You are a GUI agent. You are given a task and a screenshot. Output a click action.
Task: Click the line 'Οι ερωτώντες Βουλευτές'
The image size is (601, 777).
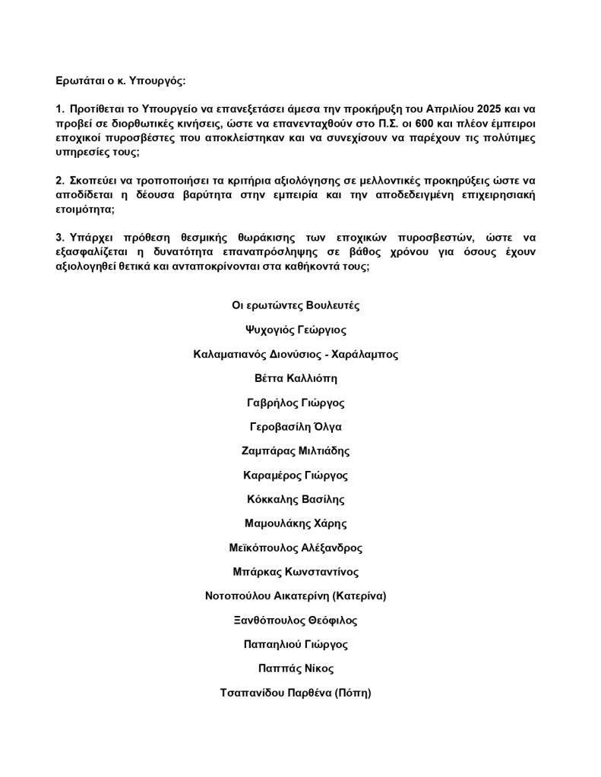click(x=296, y=305)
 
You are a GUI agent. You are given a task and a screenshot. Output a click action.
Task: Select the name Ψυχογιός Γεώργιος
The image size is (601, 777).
click(x=296, y=330)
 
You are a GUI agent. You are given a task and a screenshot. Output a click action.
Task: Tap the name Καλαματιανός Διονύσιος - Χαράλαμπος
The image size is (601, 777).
click(x=296, y=354)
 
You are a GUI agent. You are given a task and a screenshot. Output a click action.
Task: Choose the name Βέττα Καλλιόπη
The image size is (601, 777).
click(x=296, y=378)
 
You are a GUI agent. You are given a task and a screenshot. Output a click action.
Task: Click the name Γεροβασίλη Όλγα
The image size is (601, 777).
click(x=296, y=427)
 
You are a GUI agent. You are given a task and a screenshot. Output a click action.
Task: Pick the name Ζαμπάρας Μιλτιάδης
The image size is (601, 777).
click(x=296, y=451)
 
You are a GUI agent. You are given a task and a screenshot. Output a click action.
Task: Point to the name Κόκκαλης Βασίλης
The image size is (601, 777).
click(x=296, y=500)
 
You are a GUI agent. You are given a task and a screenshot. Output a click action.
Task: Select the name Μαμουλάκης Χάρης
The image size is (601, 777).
click(x=296, y=524)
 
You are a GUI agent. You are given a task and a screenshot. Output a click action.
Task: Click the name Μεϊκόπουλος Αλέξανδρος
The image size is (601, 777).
click(x=296, y=548)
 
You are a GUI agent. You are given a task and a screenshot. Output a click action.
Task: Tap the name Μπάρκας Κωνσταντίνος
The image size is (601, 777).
click(x=296, y=572)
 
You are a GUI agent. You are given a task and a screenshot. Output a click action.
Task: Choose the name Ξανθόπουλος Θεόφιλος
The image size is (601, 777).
click(x=296, y=621)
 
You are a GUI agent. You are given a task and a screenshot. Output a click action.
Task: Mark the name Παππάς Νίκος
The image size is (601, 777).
click(x=296, y=669)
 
